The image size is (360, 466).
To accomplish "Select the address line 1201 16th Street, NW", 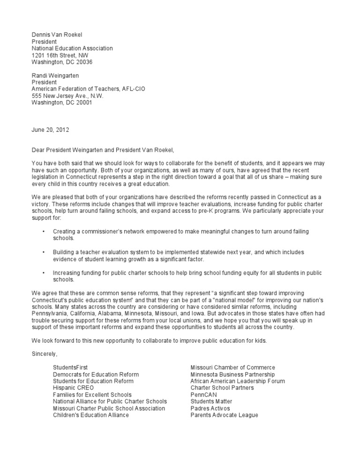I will (60, 55).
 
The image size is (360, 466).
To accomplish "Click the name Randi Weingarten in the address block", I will (55, 75).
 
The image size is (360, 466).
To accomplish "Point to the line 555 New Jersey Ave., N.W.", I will (67, 96).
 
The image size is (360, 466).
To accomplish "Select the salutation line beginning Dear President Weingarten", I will (102, 150).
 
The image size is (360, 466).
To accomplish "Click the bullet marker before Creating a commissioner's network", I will (43, 232).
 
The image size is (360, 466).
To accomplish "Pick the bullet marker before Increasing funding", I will (43, 273).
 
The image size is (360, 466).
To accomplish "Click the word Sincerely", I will (45, 354).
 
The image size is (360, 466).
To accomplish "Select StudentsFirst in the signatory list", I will (70, 368).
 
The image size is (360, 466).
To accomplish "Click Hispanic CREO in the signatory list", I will (74, 388).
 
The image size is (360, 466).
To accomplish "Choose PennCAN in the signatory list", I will (203, 395).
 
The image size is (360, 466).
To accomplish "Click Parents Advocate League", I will (224, 415).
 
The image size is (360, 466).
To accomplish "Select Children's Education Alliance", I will (91, 415).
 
